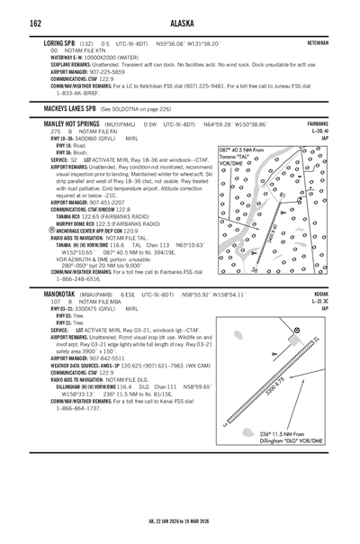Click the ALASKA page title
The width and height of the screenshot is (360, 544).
(180, 23)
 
